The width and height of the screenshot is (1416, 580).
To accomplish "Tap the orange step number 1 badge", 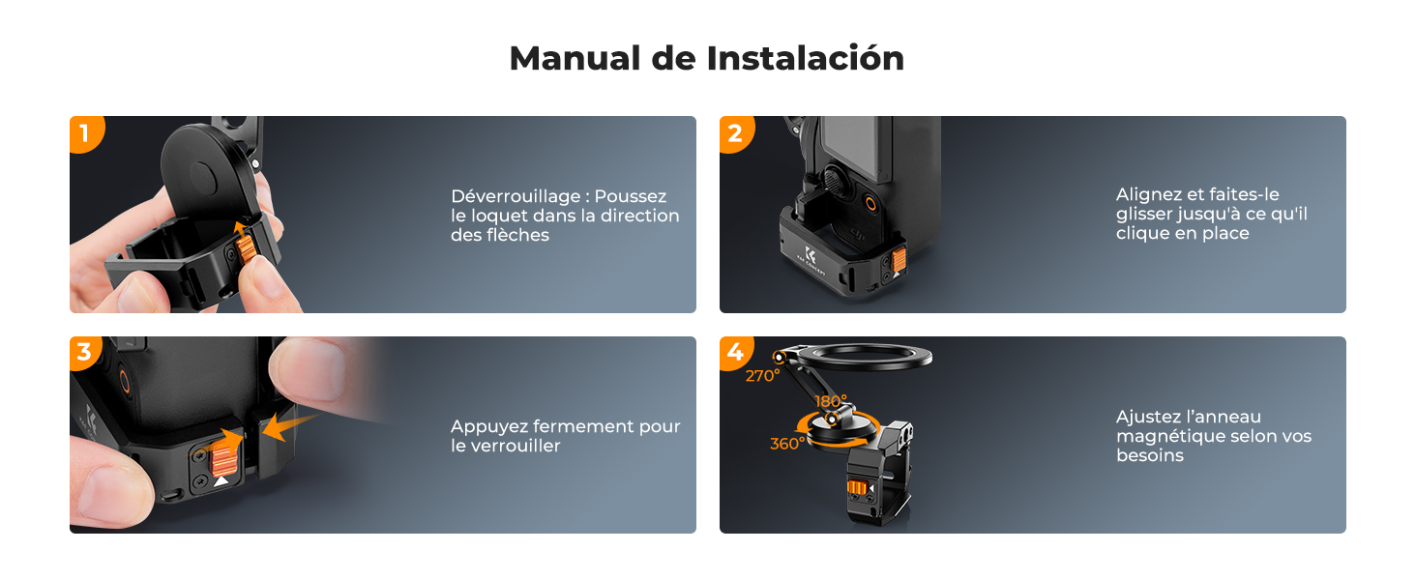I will point(84,132).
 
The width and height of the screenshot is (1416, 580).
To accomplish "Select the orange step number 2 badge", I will point(734,132).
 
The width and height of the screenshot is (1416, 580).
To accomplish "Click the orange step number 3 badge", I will point(84,353).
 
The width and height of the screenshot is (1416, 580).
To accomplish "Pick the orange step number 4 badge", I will point(734,353).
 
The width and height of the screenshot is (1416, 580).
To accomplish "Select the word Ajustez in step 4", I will point(1147,417).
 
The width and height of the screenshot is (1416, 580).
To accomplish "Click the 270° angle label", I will point(762,376).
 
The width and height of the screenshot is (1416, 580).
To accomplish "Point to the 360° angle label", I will point(787,444).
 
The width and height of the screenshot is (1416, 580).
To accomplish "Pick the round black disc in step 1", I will point(206,169).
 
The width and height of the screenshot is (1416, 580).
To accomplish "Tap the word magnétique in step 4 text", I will point(1165,436).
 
